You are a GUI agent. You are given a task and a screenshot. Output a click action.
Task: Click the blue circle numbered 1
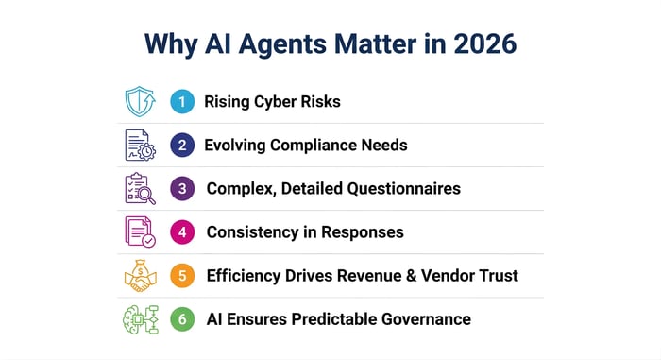182,102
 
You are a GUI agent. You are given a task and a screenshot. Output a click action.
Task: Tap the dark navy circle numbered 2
182,146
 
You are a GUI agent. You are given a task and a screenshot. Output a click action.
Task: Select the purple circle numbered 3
182,188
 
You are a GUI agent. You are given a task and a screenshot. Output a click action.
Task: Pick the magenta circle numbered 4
182,231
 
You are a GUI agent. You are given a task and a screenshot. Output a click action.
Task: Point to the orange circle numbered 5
182,276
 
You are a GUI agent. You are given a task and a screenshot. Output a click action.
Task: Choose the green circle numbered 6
182,318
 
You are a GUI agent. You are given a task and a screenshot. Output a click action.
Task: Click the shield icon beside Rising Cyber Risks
140,102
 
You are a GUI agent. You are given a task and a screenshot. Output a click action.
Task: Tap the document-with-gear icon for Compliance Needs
140,146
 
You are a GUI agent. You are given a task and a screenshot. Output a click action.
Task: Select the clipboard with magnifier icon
140,188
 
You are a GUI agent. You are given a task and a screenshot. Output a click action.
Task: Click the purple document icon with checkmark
140,231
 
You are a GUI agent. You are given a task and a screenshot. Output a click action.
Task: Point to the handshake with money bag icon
140,275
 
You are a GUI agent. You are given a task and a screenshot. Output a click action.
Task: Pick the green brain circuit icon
140,318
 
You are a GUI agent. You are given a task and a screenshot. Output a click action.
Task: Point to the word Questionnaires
400,189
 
